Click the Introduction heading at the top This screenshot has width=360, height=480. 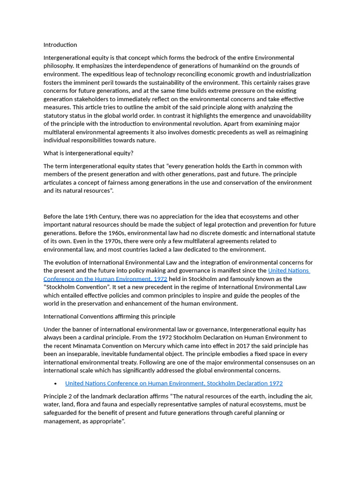point(60,45)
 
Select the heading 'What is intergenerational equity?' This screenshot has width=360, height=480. point(89,153)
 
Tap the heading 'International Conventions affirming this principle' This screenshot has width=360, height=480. point(109,316)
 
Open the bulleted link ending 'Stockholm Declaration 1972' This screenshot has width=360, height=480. point(173,383)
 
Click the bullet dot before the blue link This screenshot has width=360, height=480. point(56,383)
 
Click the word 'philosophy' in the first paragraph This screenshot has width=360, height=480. point(58,66)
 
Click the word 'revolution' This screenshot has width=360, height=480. point(225,124)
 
